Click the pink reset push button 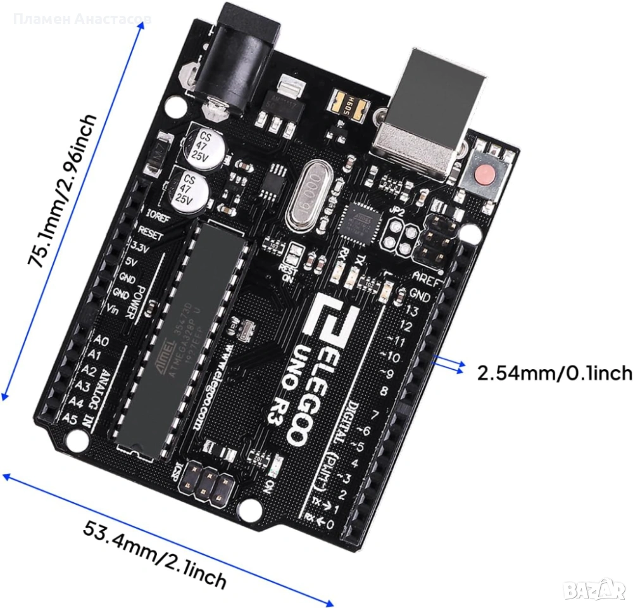(x=482, y=172)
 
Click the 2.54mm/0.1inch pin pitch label (x=555, y=372)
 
